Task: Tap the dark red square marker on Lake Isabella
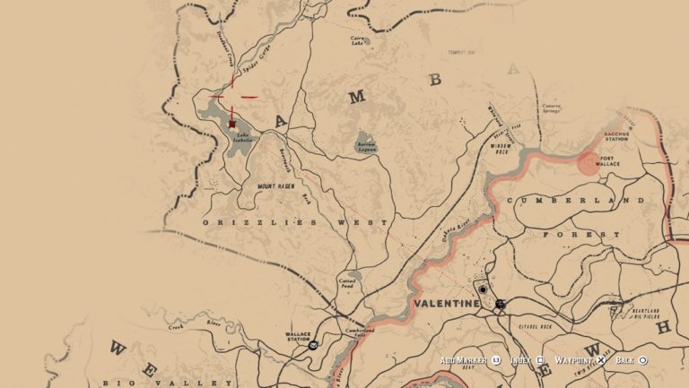(232, 124)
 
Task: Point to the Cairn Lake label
(359, 40)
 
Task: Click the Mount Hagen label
(276, 186)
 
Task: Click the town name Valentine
(447, 305)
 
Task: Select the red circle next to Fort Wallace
(589, 162)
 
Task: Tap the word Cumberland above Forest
(575, 201)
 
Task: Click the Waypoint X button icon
(602, 360)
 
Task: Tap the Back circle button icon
(642, 360)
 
